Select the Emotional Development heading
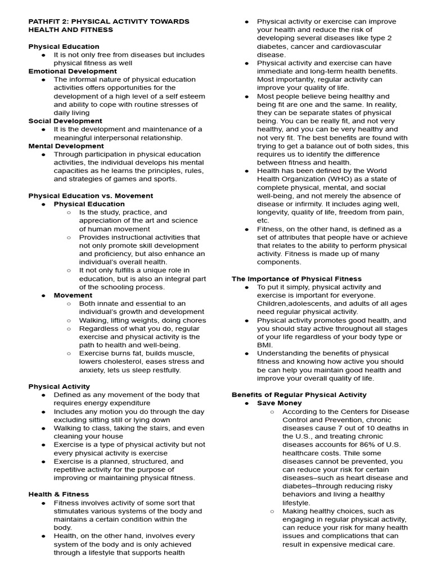73,71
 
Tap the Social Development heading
65,121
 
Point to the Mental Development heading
66,146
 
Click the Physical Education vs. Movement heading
91,195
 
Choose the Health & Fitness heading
58,494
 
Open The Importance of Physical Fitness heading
296,279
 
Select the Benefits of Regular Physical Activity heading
299,395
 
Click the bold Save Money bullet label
279,403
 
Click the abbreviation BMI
265,345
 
